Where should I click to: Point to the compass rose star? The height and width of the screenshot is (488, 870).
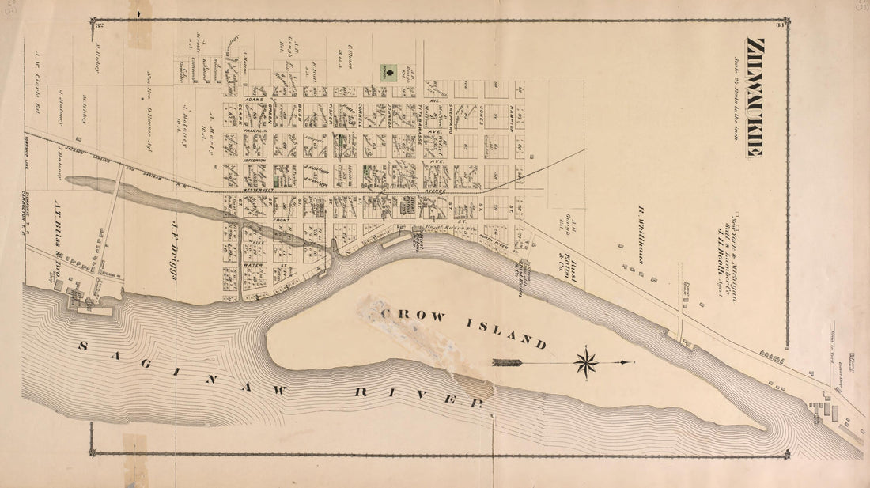[586, 363]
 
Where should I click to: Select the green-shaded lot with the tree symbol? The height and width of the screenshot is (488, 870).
[388, 73]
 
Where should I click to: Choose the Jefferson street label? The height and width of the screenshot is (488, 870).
[255, 160]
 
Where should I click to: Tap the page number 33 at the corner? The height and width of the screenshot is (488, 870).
[779, 27]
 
